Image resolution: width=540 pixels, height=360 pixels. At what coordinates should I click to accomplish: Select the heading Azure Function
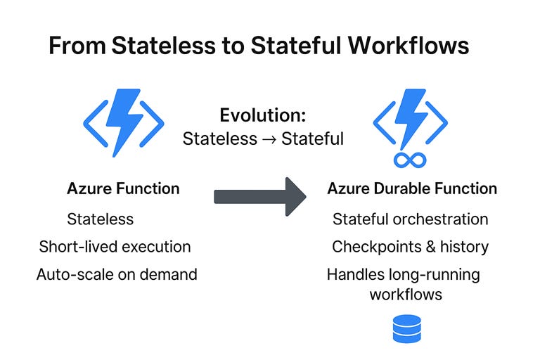[123, 188]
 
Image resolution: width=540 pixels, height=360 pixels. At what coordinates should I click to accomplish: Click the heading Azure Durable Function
[412, 188]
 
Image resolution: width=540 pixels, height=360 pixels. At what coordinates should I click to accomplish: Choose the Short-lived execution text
[115, 247]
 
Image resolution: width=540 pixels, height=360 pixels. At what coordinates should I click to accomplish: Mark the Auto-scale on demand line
[117, 274]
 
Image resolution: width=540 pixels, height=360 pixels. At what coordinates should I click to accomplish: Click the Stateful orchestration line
[411, 219]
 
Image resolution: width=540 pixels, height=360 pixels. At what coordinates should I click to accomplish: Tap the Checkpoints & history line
[411, 247]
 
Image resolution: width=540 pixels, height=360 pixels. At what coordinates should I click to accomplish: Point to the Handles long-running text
[404, 274]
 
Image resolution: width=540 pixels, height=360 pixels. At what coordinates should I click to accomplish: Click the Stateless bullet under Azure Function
[100, 219]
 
